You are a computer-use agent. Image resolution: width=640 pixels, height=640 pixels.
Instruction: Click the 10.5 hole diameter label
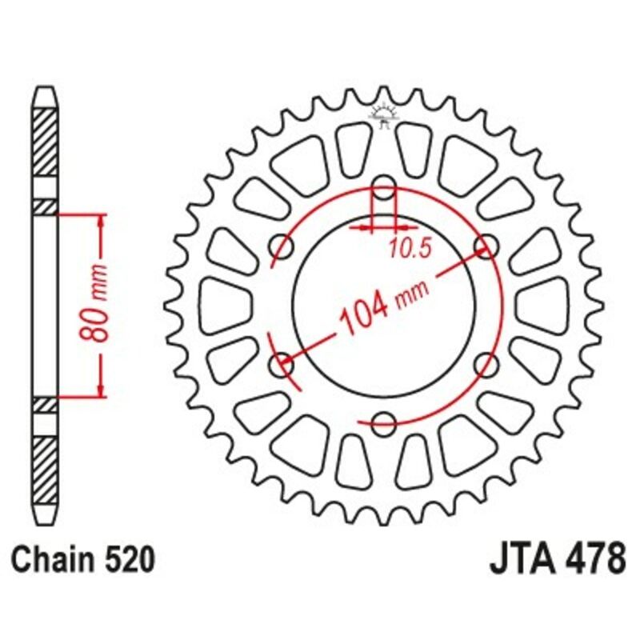coord(410,250)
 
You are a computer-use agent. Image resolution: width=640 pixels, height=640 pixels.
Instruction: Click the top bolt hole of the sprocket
coord(385,184)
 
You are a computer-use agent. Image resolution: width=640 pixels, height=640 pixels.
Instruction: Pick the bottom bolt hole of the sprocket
coord(385,422)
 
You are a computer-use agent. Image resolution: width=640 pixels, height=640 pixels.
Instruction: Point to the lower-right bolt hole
coord(486,365)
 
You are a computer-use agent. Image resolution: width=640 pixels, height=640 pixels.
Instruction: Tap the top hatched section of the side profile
coord(46,141)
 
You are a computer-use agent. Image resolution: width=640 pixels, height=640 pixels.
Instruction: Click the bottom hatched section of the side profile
coord(46,468)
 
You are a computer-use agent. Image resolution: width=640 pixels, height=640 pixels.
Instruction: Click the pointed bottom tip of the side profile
coord(46,516)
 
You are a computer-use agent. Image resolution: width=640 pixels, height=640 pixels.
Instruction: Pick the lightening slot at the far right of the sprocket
coord(557,305)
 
